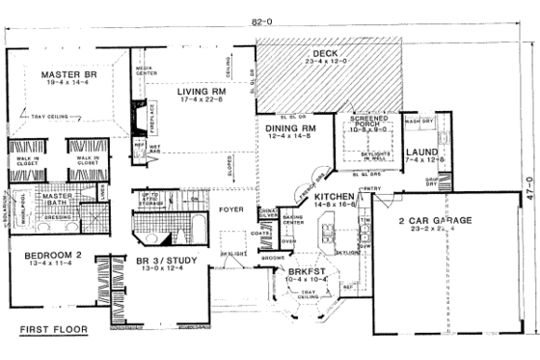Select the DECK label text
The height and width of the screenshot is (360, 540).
point(316,53)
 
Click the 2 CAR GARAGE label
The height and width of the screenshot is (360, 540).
point(436,221)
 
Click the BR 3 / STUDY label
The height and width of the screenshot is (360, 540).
point(163,260)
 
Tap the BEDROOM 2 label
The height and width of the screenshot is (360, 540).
point(41,255)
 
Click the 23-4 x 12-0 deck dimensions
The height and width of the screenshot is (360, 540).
point(316,63)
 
